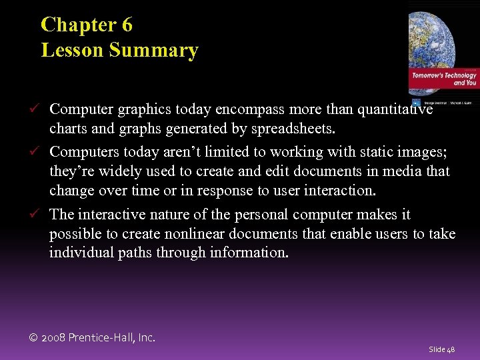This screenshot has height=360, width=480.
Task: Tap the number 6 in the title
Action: [x=127, y=25]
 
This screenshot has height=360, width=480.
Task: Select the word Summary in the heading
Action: [x=157, y=51]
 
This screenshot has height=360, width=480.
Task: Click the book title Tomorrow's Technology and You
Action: [x=444, y=79]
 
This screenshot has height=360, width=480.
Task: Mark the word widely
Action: [x=116, y=171]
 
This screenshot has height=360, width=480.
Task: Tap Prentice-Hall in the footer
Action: [x=108, y=337]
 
